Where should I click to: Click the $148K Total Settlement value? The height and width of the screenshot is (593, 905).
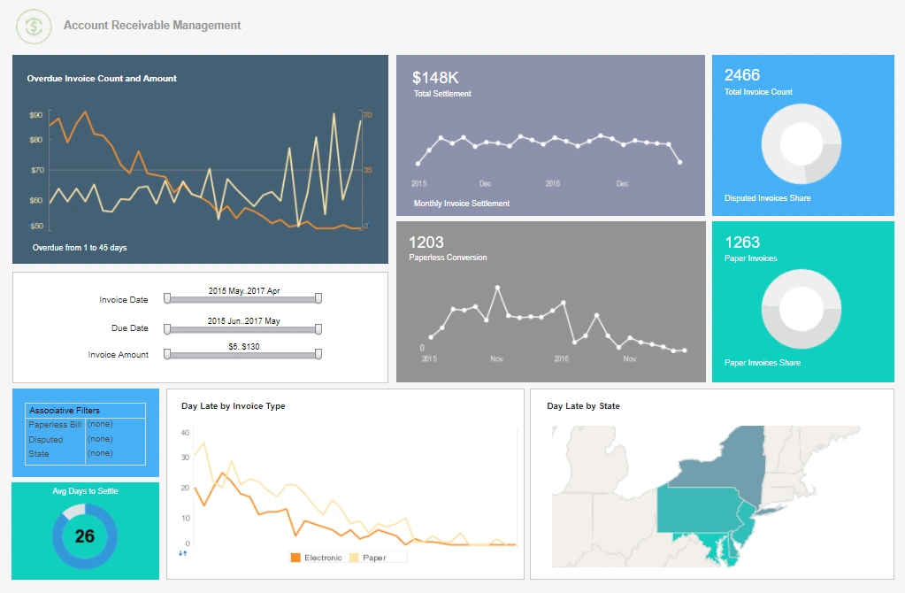pos(436,78)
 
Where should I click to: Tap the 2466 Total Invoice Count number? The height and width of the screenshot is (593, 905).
pos(742,75)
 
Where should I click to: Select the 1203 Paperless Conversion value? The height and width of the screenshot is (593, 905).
pos(426,243)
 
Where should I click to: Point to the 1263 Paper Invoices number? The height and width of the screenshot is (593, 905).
pos(742,243)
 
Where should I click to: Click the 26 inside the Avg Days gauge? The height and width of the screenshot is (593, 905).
pos(85,536)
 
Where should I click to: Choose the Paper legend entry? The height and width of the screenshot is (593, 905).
pos(374,558)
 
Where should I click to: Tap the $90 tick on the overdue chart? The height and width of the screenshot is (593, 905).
pos(36,115)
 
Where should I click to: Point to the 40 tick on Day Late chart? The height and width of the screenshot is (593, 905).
pos(185,433)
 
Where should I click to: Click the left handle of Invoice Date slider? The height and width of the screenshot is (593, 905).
pos(166,299)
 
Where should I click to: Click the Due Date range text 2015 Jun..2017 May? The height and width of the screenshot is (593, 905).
pos(243,320)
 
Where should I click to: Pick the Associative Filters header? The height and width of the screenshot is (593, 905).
pos(65,411)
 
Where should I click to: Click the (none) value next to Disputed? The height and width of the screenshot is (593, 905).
pos(100,439)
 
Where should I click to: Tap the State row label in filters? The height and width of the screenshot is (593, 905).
pos(39,454)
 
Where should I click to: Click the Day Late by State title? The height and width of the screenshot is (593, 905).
pos(583,406)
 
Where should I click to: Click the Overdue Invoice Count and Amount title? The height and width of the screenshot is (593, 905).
pos(102,79)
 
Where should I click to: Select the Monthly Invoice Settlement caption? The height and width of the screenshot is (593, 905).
pos(462,204)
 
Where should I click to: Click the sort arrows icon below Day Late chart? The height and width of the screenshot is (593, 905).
pos(183,553)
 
